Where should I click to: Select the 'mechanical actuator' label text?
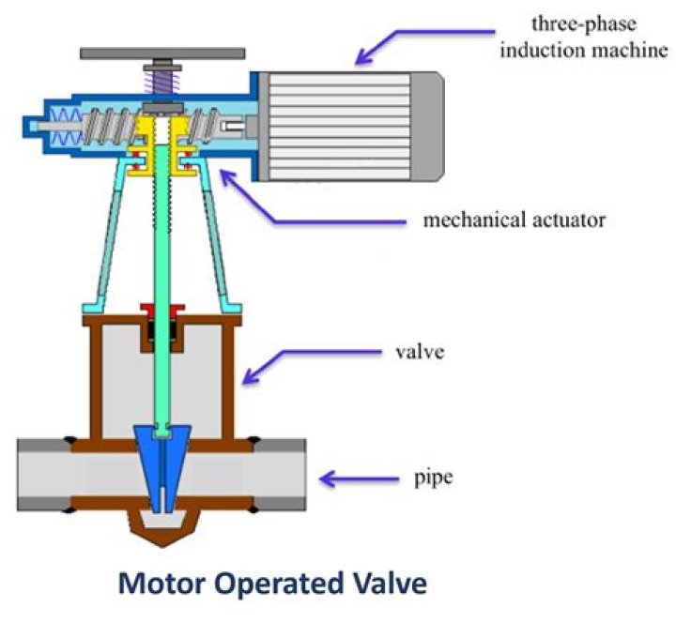(515, 221)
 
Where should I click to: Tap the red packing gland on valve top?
(163, 309)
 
